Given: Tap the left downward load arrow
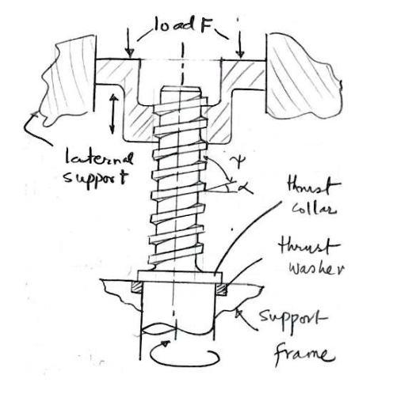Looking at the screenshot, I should coord(129,47).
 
